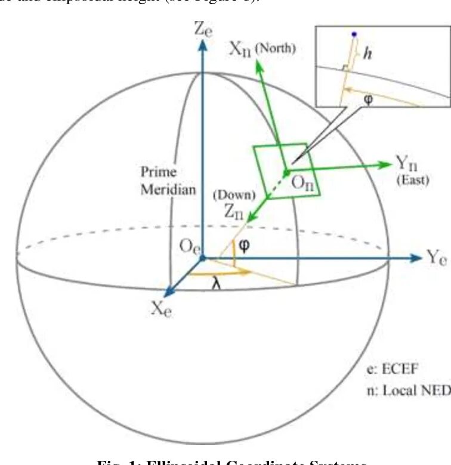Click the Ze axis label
click(203, 28)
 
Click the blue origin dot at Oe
click(202, 258)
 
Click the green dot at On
click(286, 173)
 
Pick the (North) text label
click(275, 48)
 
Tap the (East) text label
click(413, 180)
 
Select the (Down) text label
click(234, 194)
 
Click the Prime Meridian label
click(159, 181)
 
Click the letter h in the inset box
click(368, 53)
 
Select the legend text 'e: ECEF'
click(393, 370)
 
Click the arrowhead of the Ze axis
click(203, 46)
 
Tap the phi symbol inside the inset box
click(367, 100)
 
